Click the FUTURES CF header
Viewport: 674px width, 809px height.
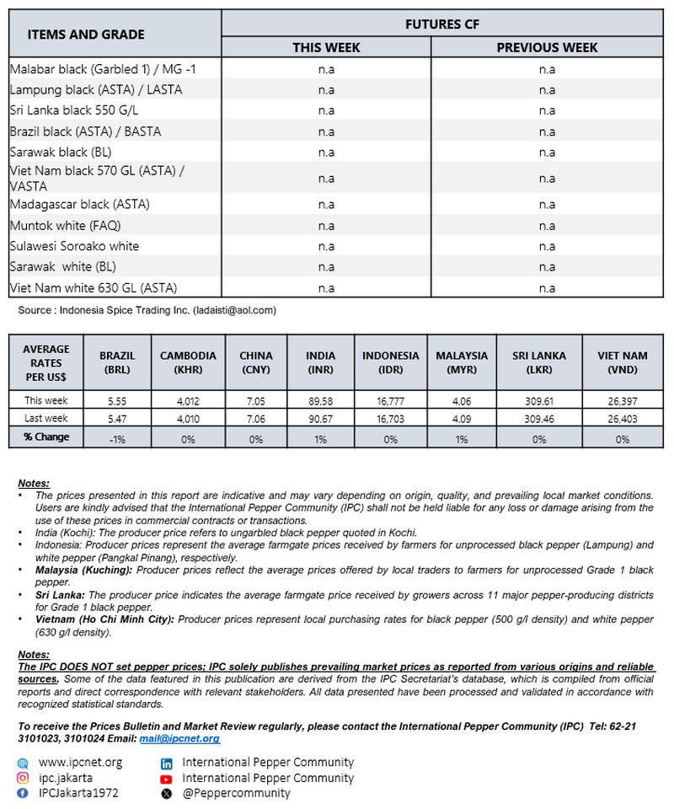[x=441, y=24]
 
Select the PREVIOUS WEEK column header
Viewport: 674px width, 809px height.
[x=547, y=47]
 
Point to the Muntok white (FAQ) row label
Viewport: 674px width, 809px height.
[x=66, y=225]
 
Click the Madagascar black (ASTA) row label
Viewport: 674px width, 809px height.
[x=80, y=204]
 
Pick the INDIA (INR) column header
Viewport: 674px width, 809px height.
[x=320, y=362]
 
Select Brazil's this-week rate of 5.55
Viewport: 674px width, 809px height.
[x=117, y=400]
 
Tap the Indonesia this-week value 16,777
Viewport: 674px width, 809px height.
[x=390, y=400]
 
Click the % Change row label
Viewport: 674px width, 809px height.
[x=46, y=437]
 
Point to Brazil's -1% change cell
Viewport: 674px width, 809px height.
[x=117, y=438]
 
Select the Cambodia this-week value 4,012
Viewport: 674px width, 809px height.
[x=187, y=400]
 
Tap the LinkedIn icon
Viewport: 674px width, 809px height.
[x=166, y=763]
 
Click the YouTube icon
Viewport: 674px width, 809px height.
[x=166, y=778]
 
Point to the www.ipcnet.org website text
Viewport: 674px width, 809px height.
[x=80, y=763]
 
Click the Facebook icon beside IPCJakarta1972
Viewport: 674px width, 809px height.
[x=22, y=793]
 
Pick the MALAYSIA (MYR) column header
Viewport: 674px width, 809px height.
[x=462, y=362]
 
